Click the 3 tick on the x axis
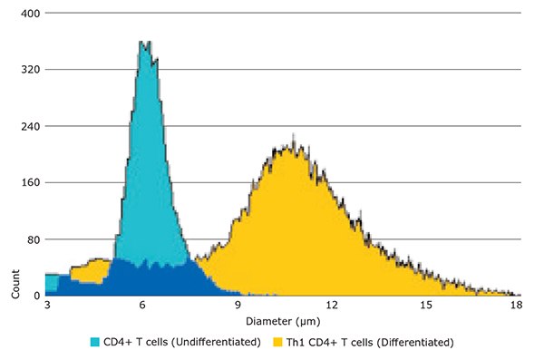(x=47, y=307)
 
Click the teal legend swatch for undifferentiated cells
(x=95, y=343)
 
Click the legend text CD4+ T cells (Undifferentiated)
(x=181, y=343)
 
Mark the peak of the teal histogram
(x=142, y=42)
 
